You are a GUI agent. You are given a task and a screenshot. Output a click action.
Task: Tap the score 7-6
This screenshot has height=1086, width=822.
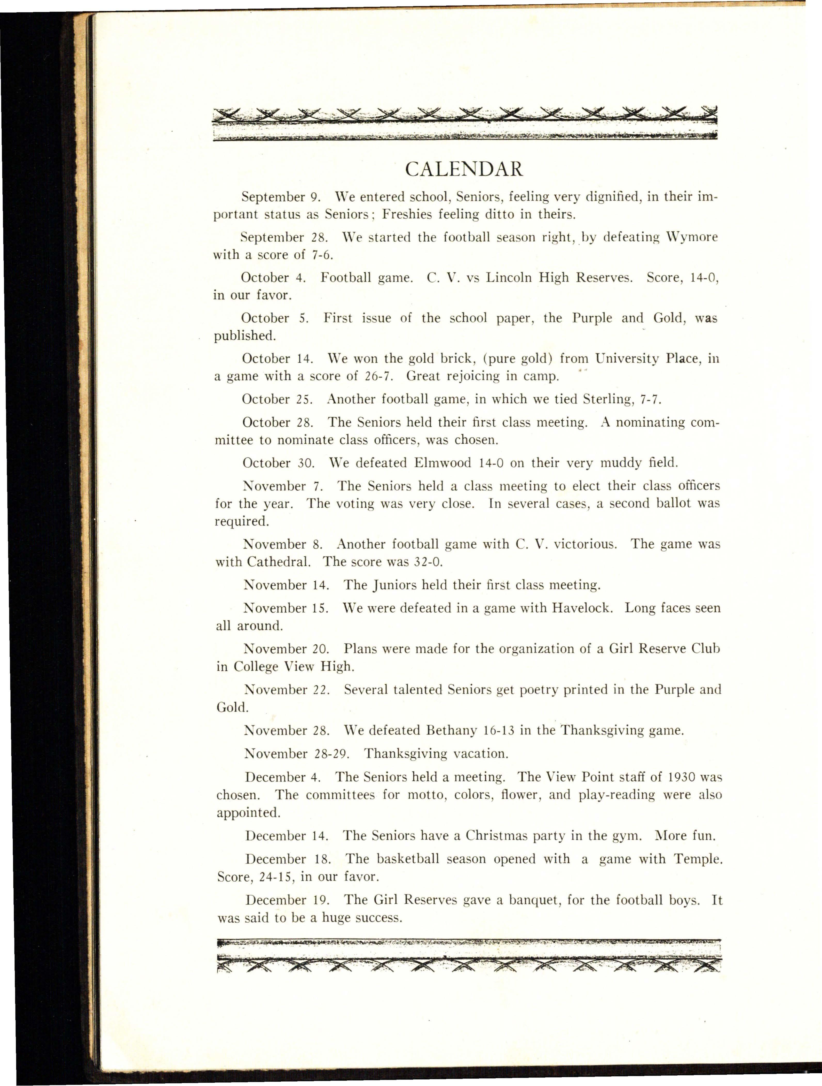pyautogui.click(x=323, y=255)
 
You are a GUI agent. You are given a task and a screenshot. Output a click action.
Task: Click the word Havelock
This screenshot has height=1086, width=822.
pyautogui.click(x=582, y=608)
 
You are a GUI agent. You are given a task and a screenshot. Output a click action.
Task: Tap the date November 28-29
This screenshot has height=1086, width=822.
pyautogui.click(x=297, y=754)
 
